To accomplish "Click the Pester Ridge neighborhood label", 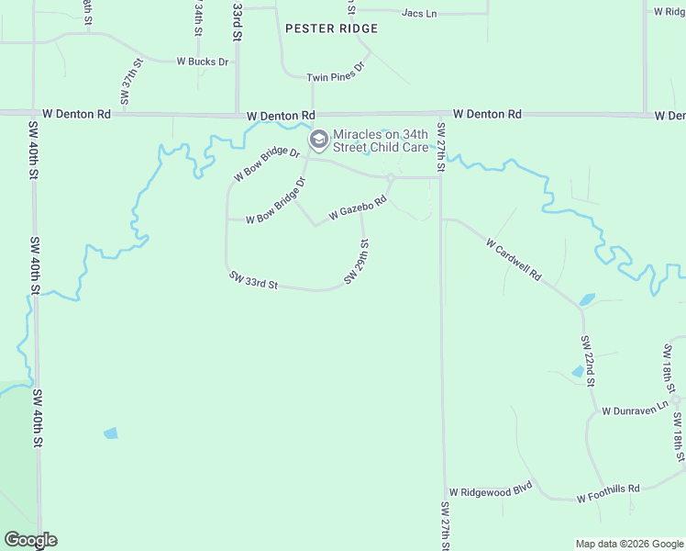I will [x=331, y=28].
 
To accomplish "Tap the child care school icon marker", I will [x=319, y=141].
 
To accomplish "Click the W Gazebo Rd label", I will [x=352, y=212].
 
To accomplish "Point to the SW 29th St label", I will [x=357, y=263].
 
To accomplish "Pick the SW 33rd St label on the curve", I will [x=254, y=281].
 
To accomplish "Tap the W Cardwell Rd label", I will [x=514, y=261].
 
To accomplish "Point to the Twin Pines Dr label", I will [x=336, y=72].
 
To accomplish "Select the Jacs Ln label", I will [x=419, y=13].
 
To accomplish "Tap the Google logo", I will [x=29, y=540].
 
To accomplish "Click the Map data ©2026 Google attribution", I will [x=629, y=544].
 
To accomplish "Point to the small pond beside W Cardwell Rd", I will [x=587, y=299].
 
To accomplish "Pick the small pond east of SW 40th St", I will [x=111, y=433].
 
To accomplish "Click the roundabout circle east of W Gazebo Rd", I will [x=391, y=177].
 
